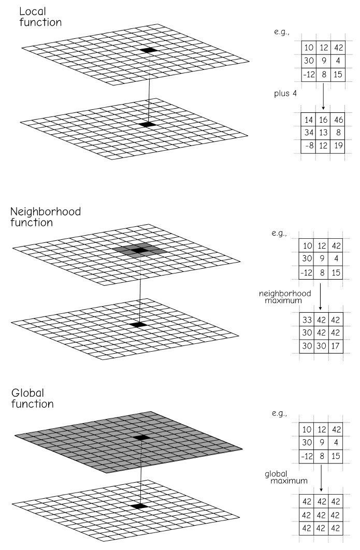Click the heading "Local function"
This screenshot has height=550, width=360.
pos(40,17)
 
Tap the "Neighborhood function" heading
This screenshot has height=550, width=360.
pos(46,217)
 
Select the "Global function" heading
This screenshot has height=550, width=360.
pos(32,398)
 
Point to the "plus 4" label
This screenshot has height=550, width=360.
pos(285,94)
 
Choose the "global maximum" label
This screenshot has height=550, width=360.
pos(286,477)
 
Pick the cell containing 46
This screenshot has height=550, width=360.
pos(338,120)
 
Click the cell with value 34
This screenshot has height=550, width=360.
pos(309,133)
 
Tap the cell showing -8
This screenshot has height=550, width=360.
pos(309,146)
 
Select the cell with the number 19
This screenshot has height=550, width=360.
pos(338,146)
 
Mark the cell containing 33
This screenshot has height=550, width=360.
pos(307,320)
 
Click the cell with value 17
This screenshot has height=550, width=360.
pos(336,346)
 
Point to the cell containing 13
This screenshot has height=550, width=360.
pos(324,133)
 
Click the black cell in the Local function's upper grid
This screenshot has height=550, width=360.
pos(149,50)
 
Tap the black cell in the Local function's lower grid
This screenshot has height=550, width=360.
pos(147,124)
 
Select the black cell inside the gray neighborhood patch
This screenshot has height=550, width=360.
pos(140,250)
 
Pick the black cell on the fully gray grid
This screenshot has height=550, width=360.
pos(141,438)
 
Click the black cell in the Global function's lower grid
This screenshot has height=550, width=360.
pos(140,506)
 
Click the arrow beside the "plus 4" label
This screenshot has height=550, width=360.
pos(323,96)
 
